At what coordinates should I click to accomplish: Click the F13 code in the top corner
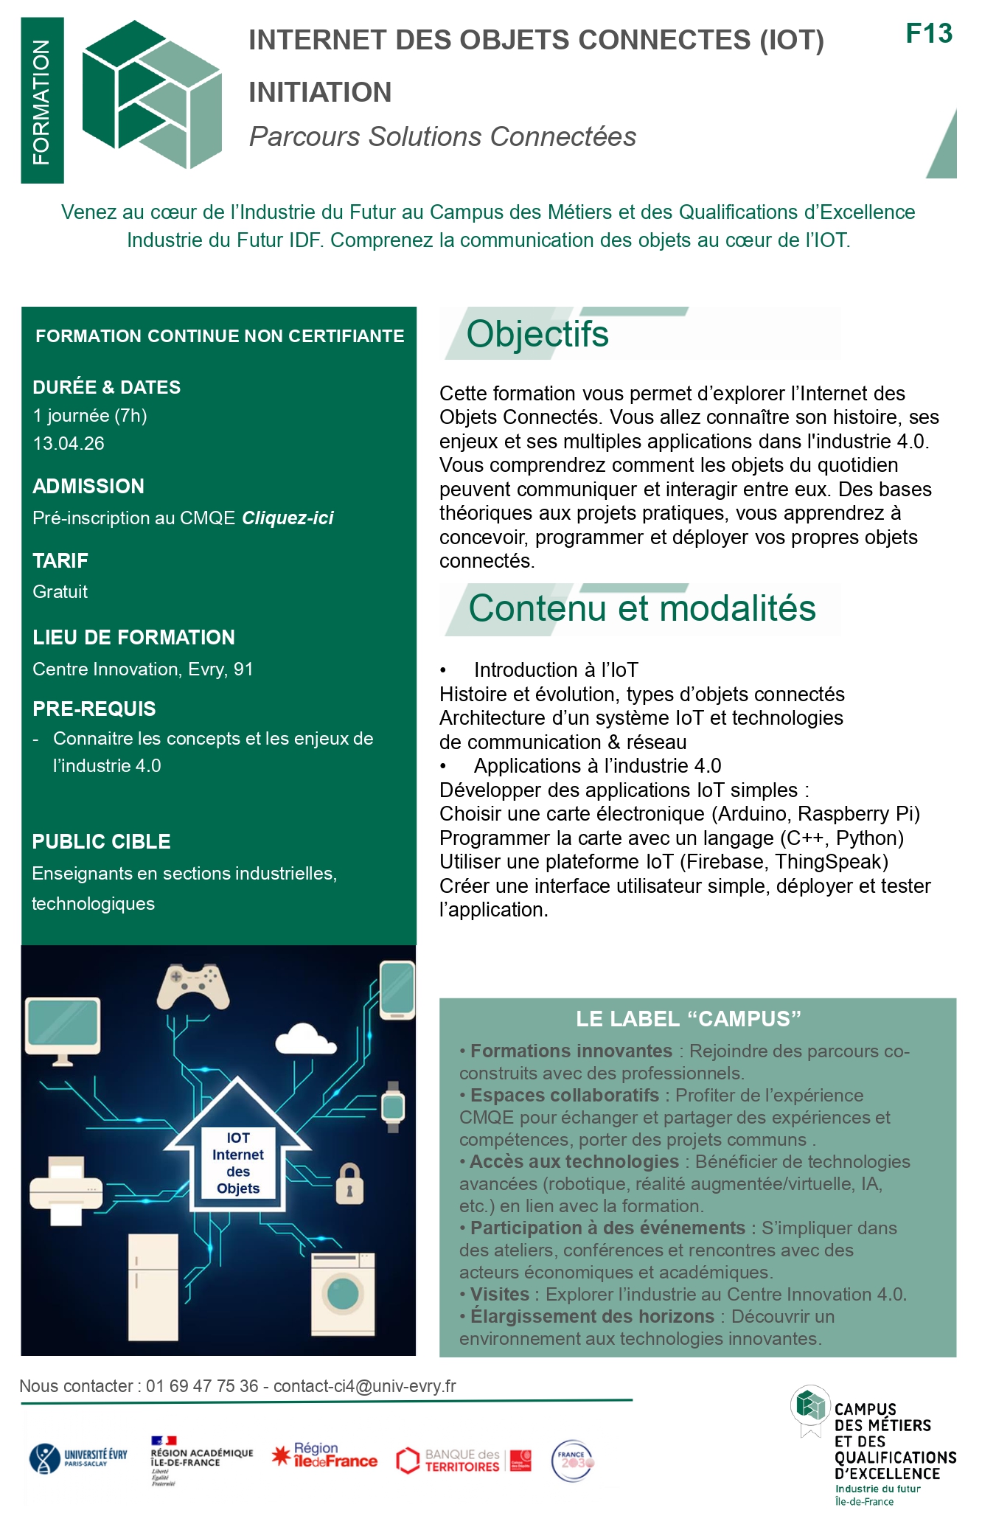click(x=928, y=34)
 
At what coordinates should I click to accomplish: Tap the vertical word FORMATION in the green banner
click(x=42, y=101)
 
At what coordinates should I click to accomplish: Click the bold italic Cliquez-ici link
click(x=288, y=518)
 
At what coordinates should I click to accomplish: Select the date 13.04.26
click(x=69, y=443)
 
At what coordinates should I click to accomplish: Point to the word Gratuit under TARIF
click(x=60, y=592)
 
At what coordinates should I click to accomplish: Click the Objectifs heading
click(x=537, y=334)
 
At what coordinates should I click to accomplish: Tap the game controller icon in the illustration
click(x=192, y=986)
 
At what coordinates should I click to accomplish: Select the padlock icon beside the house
click(x=349, y=1184)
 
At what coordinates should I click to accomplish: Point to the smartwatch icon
click(x=393, y=1107)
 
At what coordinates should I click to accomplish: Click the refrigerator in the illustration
click(x=153, y=1287)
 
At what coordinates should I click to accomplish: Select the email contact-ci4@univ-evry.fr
click(x=365, y=1386)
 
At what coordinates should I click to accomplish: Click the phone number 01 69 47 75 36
click(x=202, y=1386)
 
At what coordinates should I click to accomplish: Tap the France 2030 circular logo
click(x=573, y=1461)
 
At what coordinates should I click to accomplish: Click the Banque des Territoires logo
click(x=463, y=1461)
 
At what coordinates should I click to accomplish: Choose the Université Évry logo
click(x=78, y=1458)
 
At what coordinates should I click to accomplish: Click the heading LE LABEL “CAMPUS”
click(x=688, y=1019)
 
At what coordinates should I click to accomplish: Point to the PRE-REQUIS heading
click(x=94, y=709)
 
